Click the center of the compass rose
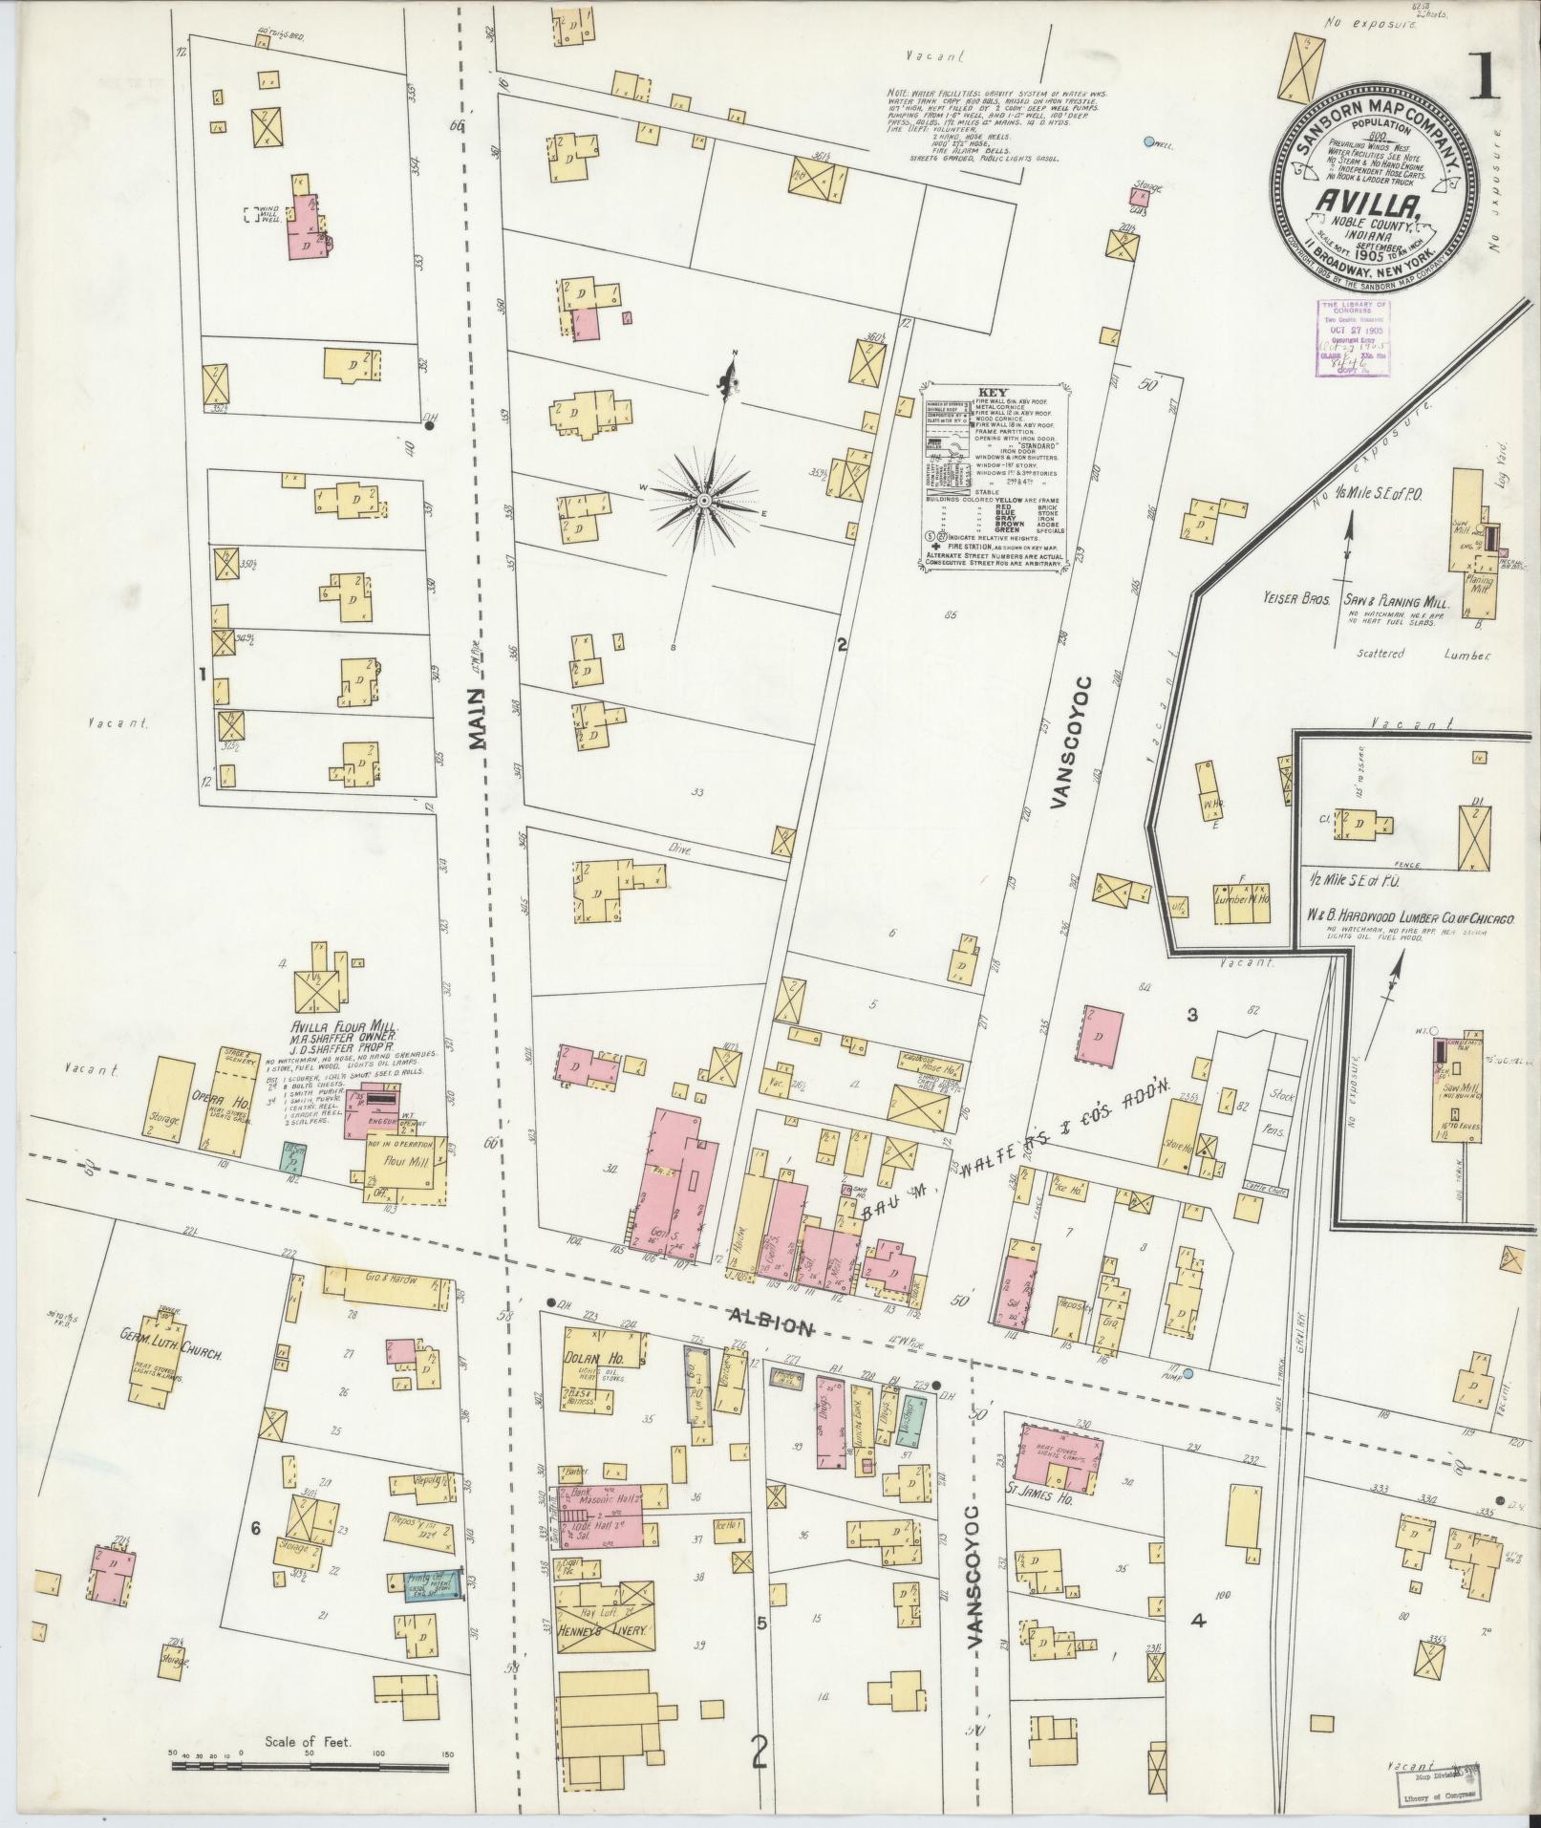click(x=704, y=500)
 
